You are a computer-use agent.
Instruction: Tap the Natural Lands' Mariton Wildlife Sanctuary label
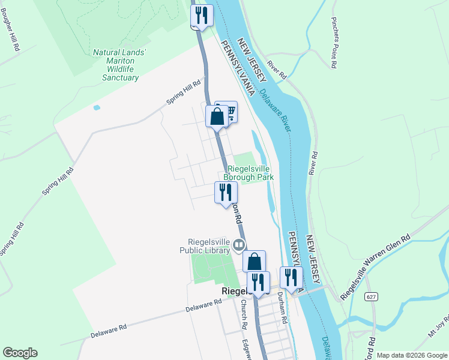[x=119, y=65]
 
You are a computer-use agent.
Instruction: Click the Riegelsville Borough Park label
[x=249, y=173]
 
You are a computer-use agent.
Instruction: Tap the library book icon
[x=239, y=244]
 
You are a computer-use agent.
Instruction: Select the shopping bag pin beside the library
[x=255, y=262]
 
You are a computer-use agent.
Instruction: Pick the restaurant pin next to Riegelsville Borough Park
[x=226, y=192]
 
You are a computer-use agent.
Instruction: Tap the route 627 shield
[x=372, y=296]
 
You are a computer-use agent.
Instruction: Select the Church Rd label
[x=244, y=314]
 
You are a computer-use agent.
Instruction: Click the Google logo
[x=20, y=353]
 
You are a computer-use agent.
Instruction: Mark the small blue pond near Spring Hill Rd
[x=97, y=108]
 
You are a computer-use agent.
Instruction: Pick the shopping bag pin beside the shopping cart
[x=217, y=116]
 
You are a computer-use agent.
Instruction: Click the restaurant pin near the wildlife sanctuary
[x=201, y=15]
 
